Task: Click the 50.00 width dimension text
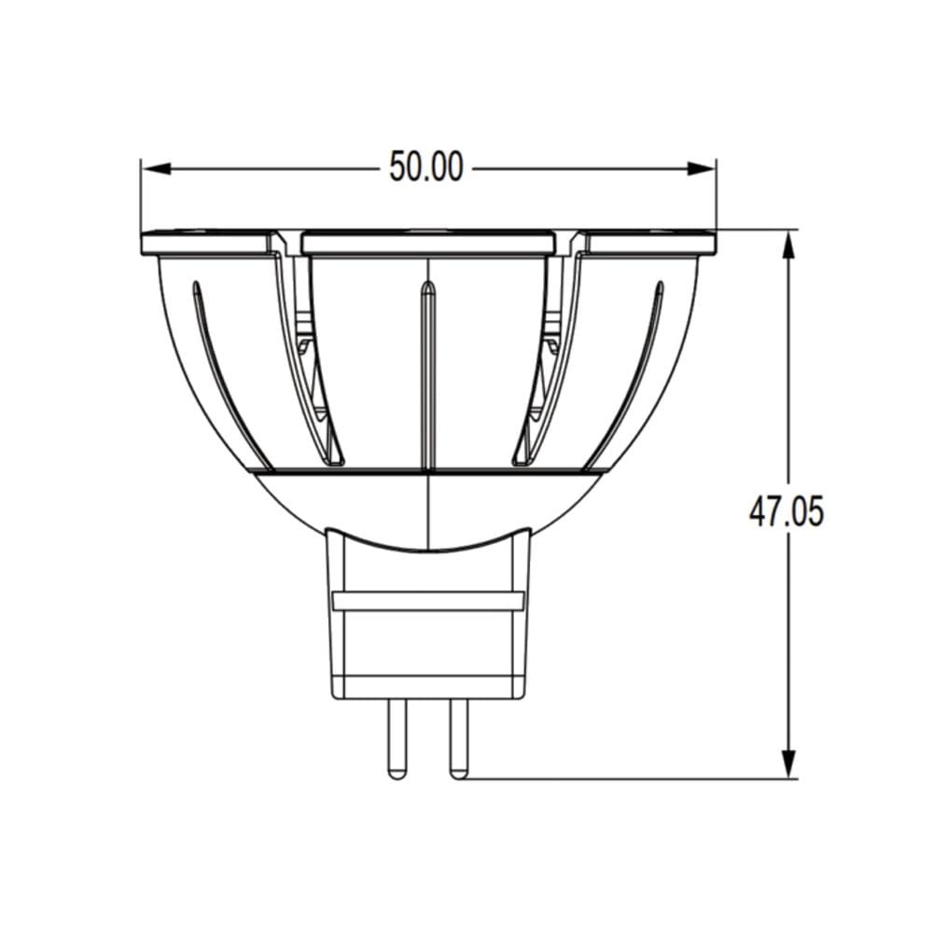[x=426, y=167]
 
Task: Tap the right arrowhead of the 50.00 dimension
[x=701, y=169]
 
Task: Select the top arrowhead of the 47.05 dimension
[x=788, y=244]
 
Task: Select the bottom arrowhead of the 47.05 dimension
[x=788, y=763]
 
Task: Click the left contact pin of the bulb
[x=397, y=738]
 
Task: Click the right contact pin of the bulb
[x=459, y=738]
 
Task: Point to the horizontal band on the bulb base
[x=428, y=601]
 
